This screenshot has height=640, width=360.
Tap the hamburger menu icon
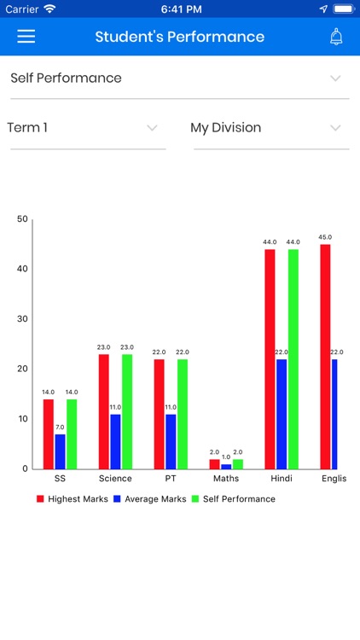26,37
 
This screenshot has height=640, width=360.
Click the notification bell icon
336,37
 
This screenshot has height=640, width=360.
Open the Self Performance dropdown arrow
335,79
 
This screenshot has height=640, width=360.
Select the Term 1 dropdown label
27,128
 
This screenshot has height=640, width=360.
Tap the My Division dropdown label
226,128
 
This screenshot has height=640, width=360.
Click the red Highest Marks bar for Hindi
270,359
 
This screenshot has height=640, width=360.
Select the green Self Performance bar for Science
127,412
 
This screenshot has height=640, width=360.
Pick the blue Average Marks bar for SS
60,451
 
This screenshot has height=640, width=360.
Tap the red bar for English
325,357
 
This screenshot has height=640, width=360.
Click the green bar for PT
183,414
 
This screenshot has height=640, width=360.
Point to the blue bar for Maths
226,467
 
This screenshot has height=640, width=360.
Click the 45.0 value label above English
325,237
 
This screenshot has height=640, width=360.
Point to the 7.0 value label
60,428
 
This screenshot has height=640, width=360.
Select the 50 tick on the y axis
22,219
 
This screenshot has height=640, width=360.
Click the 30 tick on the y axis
22,319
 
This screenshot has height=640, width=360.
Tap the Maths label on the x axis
226,479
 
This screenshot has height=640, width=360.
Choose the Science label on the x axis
115,479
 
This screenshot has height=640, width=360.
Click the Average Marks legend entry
150,499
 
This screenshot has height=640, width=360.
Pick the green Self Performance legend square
195,499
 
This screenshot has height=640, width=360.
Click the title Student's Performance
180,37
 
